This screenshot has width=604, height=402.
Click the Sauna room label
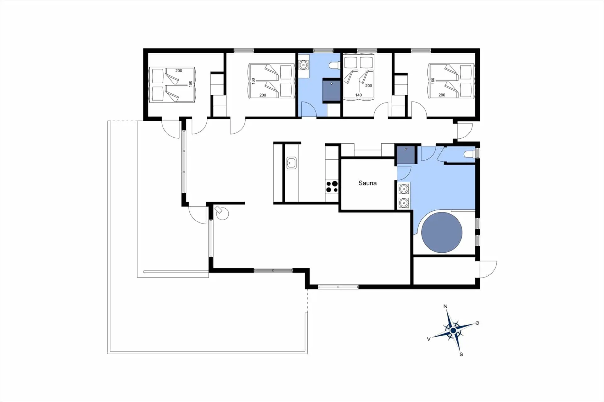(x=367, y=183)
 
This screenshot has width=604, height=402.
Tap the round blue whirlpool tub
(x=442, y=232)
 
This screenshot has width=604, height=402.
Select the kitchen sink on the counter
(x=291, y=163)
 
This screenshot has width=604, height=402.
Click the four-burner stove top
(x=332, y=186)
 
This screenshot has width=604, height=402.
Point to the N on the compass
(x=445, y=306)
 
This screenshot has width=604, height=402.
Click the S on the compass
(x=461, y=354)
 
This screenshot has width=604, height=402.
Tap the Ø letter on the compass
(x=477, y=323)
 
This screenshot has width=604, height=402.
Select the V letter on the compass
(x=428, y=339)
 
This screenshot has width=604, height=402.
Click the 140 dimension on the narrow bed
(x=358, y=95)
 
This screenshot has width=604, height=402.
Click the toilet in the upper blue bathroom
(x=334, y=65)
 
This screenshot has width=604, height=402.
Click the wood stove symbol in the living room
(x=222, y=212)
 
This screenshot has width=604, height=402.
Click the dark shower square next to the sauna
(x=406, y=155)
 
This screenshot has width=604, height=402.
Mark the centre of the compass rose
(x=453, y=331)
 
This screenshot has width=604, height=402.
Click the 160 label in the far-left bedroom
(x=190, y=84)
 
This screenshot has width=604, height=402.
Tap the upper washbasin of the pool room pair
(x=404, y=189)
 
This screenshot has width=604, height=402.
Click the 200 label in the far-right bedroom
(x=442, y=95)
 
